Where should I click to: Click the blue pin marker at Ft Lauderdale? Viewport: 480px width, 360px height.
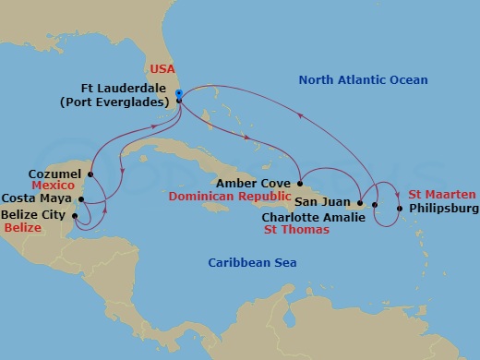pos(178,94)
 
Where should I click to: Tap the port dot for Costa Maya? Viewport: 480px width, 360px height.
pos(82,198)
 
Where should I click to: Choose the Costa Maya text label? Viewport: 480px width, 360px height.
pos(39,198)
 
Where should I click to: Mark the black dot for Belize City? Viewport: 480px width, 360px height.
pos(77,214)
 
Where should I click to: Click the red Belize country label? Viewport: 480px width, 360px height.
pos(23,227)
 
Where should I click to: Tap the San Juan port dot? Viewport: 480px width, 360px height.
pos(358,202)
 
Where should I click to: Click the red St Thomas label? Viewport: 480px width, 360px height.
pos(295,230)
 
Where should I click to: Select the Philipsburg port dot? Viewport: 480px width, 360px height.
pos(399,209)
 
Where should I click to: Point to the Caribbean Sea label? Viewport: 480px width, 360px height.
pos(245,263)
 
